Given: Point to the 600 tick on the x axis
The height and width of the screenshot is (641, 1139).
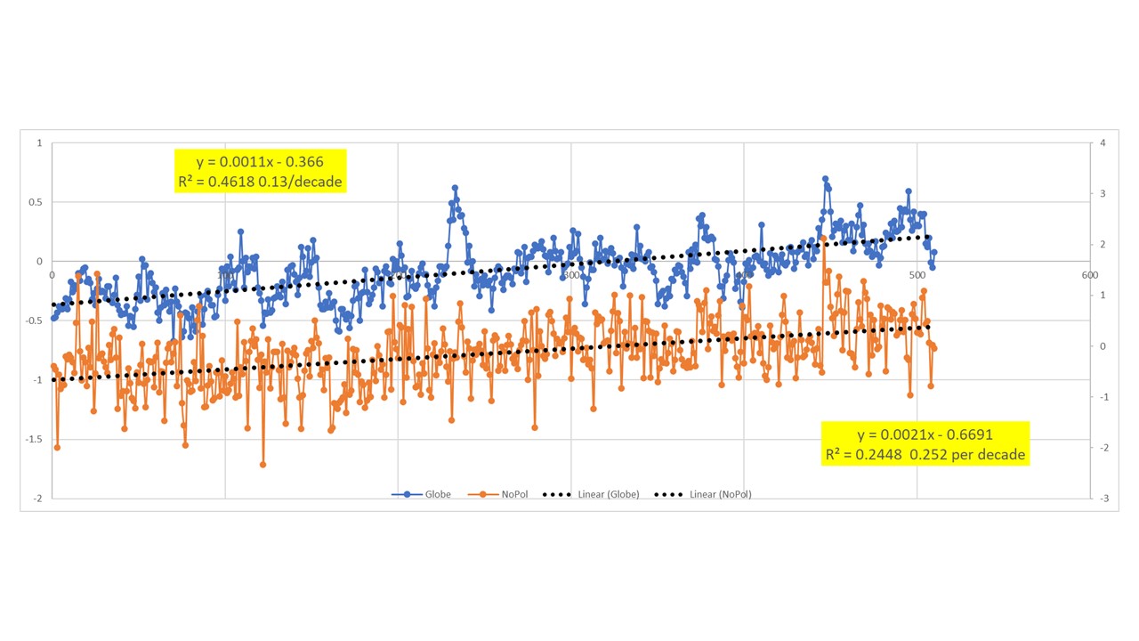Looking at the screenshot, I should (1088, 275).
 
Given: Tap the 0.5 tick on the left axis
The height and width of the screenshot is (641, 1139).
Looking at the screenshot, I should (36, 202).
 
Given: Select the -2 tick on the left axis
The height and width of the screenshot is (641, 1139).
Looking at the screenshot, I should (36, 499).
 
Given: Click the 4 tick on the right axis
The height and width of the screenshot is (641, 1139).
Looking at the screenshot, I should (1103, 143).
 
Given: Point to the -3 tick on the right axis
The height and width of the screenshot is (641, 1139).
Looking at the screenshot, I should (1103, 499).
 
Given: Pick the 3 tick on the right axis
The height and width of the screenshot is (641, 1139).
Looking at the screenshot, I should (1103, 194).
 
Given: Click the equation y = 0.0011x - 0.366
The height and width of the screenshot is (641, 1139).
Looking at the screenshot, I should (260, 162).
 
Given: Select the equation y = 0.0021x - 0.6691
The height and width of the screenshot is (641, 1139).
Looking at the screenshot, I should (925, 434).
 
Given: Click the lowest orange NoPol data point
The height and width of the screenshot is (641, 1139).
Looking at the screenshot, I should (263, 464).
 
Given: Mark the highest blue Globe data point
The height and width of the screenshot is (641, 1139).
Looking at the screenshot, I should (825, 179).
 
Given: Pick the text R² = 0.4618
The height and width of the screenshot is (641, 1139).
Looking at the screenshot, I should (218, 182).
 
